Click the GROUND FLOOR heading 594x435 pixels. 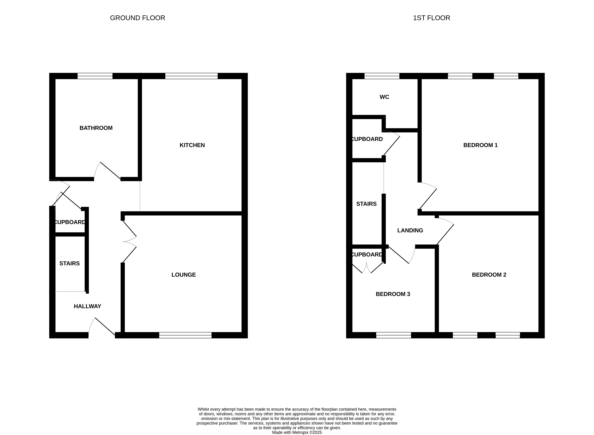[138, 18]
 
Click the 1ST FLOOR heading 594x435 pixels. [431, 18]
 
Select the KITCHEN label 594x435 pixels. [192, 145]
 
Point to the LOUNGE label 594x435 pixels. [184, 275]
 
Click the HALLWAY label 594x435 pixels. [87, 306]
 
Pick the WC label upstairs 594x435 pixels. [384, 97]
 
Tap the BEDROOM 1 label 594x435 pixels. [481, 145]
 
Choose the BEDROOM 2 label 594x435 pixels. [489, 275]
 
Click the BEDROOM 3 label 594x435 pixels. [393, 294]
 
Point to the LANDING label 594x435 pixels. [410, 230]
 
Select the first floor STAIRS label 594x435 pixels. [366, 204]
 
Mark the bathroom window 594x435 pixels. [95, 76]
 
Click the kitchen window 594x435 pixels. [192, 76]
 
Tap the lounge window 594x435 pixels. [185, 335]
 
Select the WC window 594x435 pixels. [382, 76]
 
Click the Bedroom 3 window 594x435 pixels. [393, 335]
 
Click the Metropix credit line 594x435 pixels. [297, 432]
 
